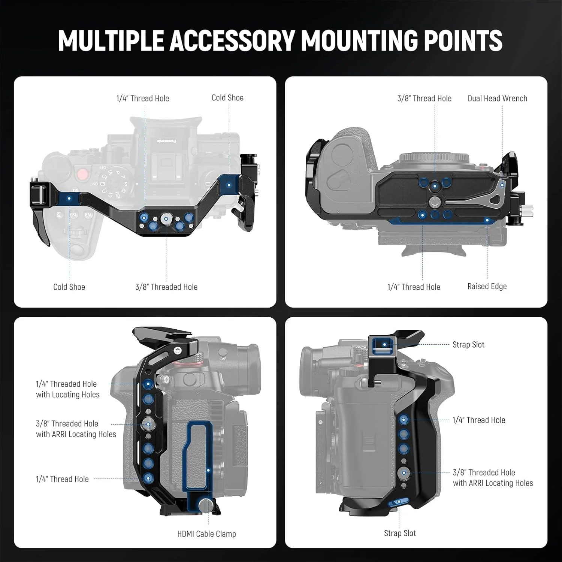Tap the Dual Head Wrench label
pos(498,98)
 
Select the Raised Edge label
pos(487,286)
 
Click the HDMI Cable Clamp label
pos(206,534)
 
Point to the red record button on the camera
pos(81,175)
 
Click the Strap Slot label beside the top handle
pos(468,345)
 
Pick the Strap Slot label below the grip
pos(400,533)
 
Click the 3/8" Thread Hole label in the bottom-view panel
pos(424,98)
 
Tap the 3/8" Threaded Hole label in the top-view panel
pos(166,287)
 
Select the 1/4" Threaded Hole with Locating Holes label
pos(68,389)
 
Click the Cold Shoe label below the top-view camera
pos(69,287)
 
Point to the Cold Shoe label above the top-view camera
pos(227,98)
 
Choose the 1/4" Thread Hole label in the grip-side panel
pos(479,420)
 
